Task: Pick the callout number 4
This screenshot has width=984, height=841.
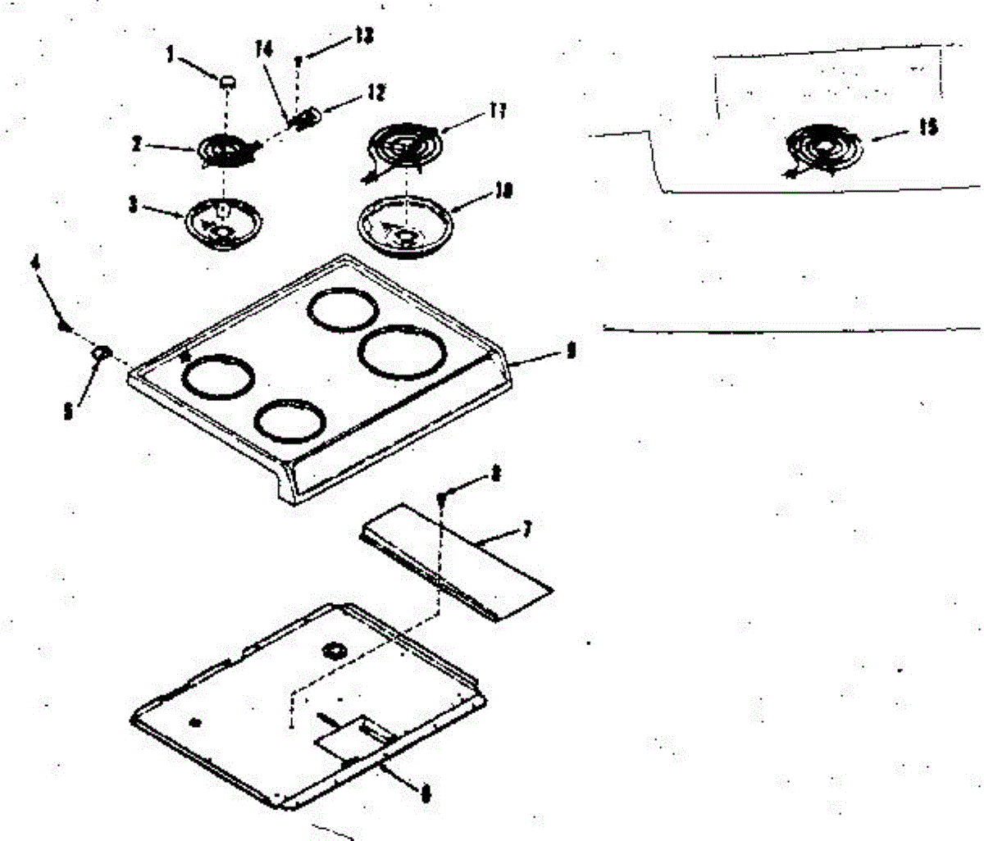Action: [35, 263]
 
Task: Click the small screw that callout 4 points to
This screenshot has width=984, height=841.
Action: [62, 326]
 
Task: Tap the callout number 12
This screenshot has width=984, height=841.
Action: [376, 93]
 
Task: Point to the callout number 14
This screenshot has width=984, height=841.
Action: [263, 49]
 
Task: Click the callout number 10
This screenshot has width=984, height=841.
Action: [503, 191]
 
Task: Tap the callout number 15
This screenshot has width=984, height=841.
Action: [928, 129]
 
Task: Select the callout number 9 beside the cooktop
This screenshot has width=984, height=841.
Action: [572, 352]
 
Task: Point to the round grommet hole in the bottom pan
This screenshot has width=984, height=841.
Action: [334, 652]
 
